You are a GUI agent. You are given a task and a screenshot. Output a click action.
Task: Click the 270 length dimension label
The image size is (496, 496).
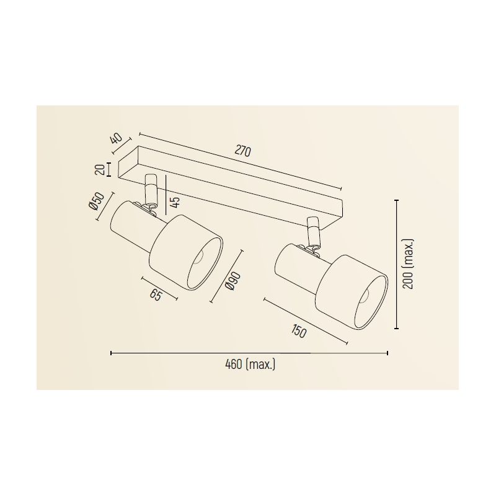coord(243,151)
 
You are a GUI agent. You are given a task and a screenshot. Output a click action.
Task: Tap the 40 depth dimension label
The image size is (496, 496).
coord(117,138)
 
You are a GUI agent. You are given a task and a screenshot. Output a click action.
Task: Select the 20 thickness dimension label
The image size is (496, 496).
coord(99,169)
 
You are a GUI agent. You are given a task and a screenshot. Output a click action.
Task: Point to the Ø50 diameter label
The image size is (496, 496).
coord(96,201)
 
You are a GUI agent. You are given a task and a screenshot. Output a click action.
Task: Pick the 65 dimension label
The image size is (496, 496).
coord(156,295)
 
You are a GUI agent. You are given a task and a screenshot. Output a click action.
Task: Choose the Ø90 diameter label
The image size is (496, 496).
coord(233,281)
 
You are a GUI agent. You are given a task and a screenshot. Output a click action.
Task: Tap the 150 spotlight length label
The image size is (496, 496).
coord(298,332)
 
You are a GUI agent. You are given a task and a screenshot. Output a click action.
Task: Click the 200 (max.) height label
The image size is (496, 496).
coord(409,264)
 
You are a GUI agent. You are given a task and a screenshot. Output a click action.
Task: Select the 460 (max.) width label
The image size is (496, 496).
coord(250,365)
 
